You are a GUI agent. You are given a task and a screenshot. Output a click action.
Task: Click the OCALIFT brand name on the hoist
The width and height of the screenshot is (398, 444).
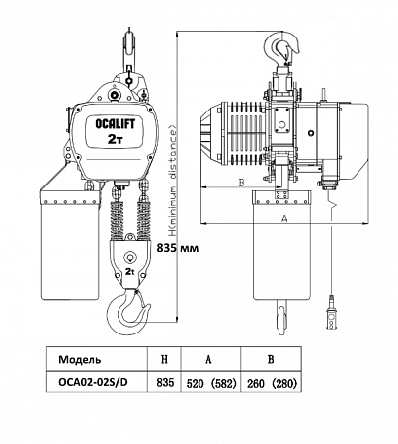[x=115, y=124]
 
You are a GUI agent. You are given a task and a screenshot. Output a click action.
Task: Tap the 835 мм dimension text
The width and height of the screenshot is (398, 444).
[x=178, y=248]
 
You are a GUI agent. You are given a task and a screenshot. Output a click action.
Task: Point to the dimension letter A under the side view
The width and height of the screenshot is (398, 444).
[x=284, y=218]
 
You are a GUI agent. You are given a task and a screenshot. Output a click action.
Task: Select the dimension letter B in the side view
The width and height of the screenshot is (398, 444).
[x=241, y=183]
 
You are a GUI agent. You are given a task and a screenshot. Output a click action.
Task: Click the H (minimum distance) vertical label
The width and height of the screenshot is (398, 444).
[x=174, y=182]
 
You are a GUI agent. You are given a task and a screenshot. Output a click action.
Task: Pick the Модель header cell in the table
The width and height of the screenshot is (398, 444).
[x=80, y=359]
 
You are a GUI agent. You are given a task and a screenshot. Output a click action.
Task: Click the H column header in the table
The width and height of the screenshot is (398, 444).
[x=164, y=359]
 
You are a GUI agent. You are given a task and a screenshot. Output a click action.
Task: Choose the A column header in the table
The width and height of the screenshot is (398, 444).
[x=208, y=359]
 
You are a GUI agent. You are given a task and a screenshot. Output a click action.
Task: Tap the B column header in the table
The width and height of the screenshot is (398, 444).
[x=271, y=359]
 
